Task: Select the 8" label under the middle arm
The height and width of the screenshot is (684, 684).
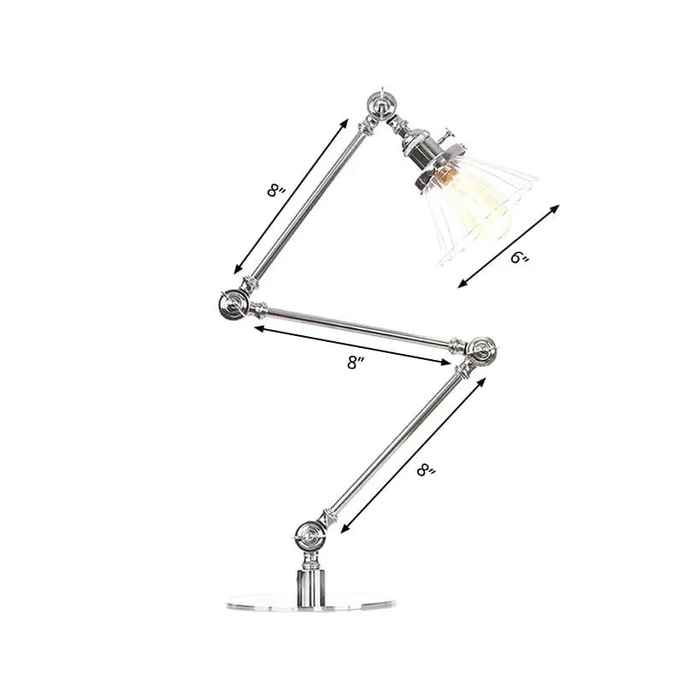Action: (x=357, y=362)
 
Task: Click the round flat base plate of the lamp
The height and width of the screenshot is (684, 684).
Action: (x=298, y=602)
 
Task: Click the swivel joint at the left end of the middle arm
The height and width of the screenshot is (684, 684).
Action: (x=232, y=304)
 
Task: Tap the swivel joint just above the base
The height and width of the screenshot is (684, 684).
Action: (x=310, y=537)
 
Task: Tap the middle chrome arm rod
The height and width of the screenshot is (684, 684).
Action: (x=359, y=326)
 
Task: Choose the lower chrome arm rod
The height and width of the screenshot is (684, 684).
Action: (x=392, y=445)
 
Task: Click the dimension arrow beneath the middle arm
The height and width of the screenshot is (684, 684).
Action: (x=351, y=345)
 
